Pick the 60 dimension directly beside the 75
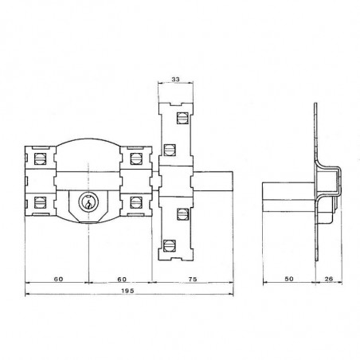click(119, 280)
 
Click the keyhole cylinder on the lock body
click(88, 205)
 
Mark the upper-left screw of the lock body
click(37, 157)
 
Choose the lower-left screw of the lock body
click(37, 202)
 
